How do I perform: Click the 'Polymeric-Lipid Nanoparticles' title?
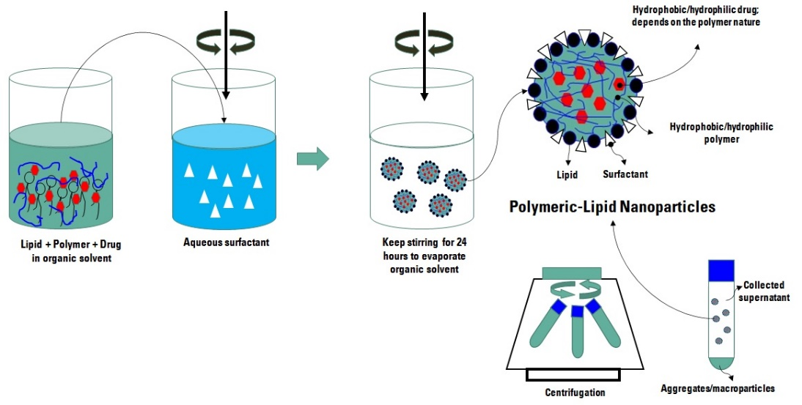tap(612, 207)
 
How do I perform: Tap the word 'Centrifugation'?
tap(575, 393)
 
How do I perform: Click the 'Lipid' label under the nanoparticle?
tap(567, 175)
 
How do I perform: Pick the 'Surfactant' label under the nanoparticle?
tap(625, 175)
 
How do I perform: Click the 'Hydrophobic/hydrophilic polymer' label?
tap(721, 133)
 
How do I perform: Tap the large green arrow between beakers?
tap(312, 159)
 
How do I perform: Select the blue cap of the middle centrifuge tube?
tap(577, 311)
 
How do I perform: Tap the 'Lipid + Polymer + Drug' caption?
tap(67, 249)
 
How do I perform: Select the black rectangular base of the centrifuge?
tap(573, 375)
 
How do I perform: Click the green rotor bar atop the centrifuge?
tap(571, 272)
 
